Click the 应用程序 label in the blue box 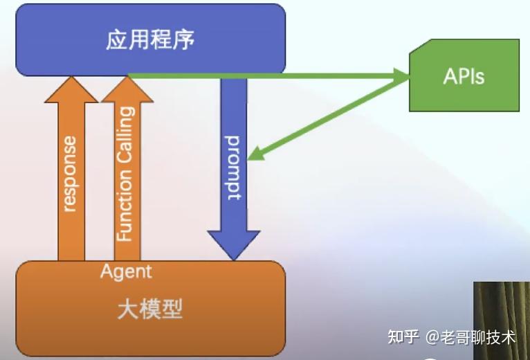click(x=150, y=40)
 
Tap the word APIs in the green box click(x=464, y=75)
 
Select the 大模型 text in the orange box click(x=150, y=308)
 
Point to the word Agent click(x=125, y=271)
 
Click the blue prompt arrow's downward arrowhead click(x=233, y=246)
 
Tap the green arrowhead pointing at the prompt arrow click(x=255, y=153)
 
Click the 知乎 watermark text click(x=403, y=337)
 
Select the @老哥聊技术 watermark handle click(x=470, y=337)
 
